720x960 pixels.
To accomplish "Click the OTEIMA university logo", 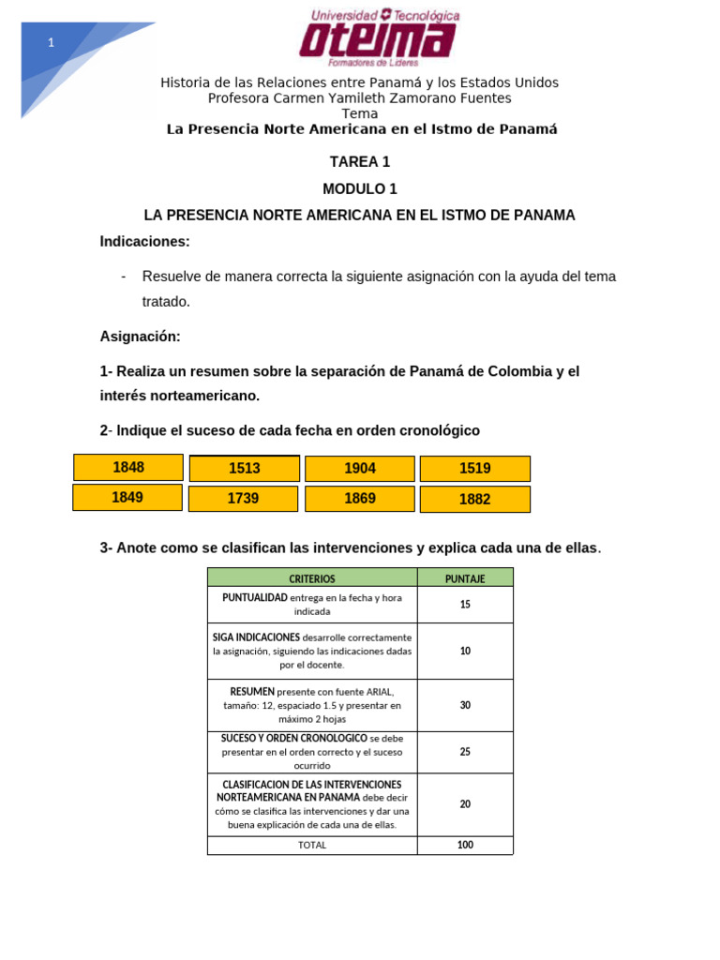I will tap(379, 37).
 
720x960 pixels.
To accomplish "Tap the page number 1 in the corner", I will tap(51, 43).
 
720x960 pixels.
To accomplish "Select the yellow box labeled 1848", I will tap(128, 467).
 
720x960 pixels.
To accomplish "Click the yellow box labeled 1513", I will tap(244, 469).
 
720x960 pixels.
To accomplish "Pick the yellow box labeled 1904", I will tap(360, 469).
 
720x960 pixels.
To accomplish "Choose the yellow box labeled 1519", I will tap(474, 469).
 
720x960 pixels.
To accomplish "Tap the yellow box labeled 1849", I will tap(127, 498).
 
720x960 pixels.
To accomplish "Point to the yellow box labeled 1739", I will tap(243, 499).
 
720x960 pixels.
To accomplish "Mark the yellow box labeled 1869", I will tap(360, 499).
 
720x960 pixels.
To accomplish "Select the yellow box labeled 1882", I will tap(474, 500).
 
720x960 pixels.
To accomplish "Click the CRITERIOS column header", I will tap(312, 578).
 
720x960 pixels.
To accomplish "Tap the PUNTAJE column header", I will tap(465, 578).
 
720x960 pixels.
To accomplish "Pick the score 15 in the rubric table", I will tap(465, 605).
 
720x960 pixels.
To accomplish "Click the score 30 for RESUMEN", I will tap(465, 705).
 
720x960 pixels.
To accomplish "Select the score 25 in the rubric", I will tap(465, 752).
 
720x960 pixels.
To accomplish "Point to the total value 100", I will tap(465, 845).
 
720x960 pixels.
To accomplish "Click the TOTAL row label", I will tap(312, 845).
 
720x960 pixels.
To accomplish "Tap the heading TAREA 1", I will tap(360, 162).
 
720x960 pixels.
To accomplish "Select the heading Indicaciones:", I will tap(145, 242).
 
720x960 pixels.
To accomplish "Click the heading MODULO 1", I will tap(360, 188).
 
